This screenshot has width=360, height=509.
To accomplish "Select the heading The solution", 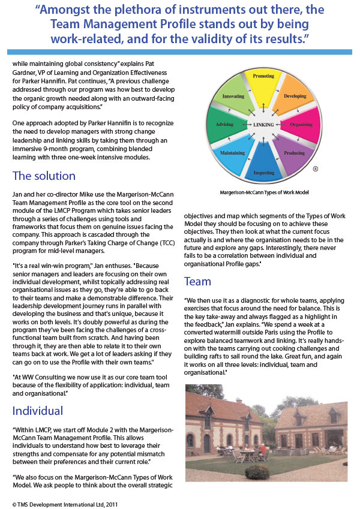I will pyautogui.click(x=44, y=176).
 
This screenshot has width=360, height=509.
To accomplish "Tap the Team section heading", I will pyautogui.click(x=197, y=281).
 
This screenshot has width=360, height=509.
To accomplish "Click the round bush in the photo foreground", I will pyautogui.click(x=257, y=472).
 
